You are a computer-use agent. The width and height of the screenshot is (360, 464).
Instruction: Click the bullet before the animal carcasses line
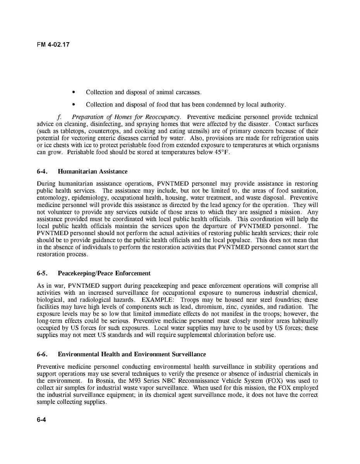coord(74,92)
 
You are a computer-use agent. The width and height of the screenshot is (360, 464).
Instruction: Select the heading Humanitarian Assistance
coord(93,171)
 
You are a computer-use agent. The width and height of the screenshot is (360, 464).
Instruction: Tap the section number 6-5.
coord(42,273)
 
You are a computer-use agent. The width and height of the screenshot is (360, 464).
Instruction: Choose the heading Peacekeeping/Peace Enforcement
coord(104,273)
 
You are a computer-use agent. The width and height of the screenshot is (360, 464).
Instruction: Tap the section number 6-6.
coord(42,354)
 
